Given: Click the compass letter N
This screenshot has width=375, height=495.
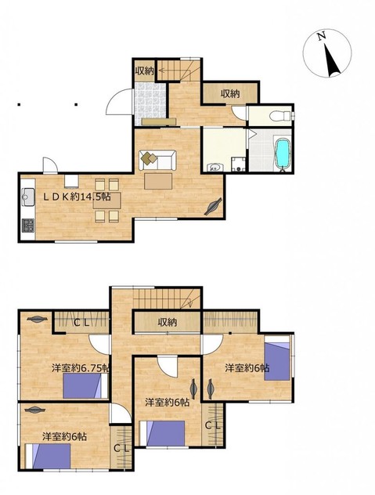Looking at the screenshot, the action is pos(321,36).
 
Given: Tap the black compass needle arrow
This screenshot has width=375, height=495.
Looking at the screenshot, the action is pos(332,60).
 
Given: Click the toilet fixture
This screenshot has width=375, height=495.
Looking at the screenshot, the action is pos(279,116).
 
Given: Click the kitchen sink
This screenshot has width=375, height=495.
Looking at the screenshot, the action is pos(28,197).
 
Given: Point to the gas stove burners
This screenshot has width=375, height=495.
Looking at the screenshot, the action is pos(27,226).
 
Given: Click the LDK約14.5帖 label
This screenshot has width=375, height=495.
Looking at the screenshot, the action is pos(77,197).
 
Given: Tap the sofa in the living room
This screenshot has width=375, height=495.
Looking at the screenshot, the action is pos(157,160).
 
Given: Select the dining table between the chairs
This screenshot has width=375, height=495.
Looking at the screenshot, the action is pos(106,201).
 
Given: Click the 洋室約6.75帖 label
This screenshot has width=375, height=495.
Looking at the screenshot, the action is pos(81,368).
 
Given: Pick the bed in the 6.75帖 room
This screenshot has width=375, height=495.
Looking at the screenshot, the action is pos(85,385).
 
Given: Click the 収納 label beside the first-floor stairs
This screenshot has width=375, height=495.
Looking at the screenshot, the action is pos(144,70).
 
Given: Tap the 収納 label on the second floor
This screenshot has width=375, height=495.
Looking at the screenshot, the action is pos(168,322).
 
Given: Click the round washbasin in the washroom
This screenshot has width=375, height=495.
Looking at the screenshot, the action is pos(215,167).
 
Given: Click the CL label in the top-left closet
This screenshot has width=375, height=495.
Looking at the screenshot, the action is pos(82,323).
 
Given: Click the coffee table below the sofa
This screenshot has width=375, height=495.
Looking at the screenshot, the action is pos(158,181).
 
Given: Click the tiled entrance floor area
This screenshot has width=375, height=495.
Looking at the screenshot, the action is pos(150,99).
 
